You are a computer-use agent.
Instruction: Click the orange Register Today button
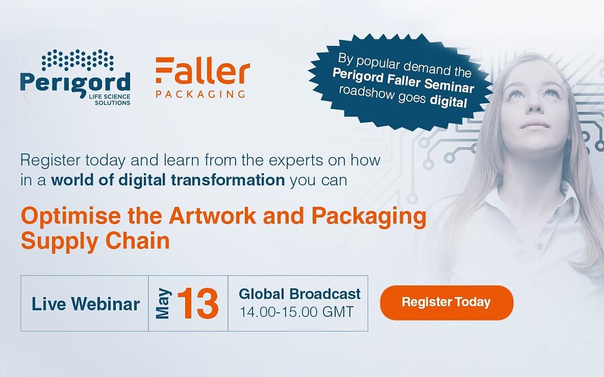446,302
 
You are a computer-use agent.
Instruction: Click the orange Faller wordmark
203,70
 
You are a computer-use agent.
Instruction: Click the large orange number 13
198,303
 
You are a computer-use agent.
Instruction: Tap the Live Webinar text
85,304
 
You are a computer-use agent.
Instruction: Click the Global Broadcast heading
300,294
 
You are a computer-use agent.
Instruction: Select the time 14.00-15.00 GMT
296,312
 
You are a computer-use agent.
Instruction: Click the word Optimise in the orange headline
71,216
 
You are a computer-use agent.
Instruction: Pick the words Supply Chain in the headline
95,241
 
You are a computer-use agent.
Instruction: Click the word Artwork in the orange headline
212,216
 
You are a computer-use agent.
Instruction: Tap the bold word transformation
228,180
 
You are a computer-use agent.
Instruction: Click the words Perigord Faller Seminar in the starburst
403,81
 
